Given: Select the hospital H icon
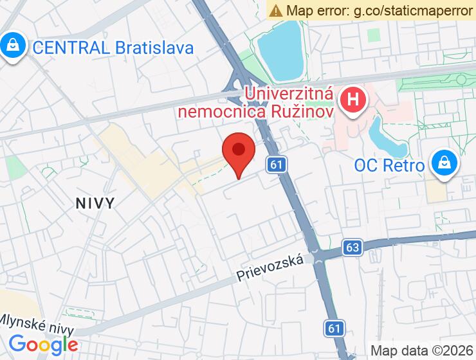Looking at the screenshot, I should pyautogui.click(x=352, y=100).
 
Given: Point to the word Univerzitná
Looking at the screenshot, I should pyautogui.click(x=289, y=94).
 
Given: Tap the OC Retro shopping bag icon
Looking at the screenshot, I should pyautogui.click(x=444, y=163).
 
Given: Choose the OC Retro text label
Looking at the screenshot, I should pyautogui.click(x=389, y=166).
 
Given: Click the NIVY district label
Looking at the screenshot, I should pyautogui.click(x=95, y=203).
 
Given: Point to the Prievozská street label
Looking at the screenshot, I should pyautogui.click(x=270, y=268).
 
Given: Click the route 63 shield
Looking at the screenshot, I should pyautogui.click(x=352, y=247).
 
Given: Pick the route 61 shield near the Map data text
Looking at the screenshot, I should pyautogui.click(x=333, y=328).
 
